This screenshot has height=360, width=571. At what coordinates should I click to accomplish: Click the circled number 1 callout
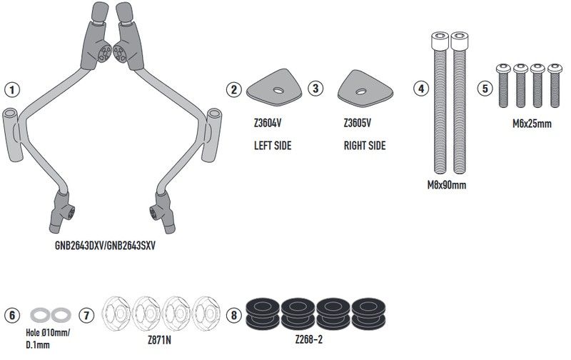(x=12, y=89)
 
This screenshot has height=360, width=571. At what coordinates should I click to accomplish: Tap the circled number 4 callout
(x=421, y=89)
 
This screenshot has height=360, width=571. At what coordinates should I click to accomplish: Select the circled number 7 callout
(x=86, y=315)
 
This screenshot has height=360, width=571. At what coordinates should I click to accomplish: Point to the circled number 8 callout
(x=234, y=315)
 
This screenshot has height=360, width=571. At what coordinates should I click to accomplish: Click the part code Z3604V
(x=268, y=123)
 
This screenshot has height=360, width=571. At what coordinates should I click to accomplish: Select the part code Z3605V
(x=358, y=123)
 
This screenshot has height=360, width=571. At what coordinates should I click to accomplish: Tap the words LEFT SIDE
(x=273, y=146)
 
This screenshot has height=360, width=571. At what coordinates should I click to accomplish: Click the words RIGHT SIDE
(x=365, y=146)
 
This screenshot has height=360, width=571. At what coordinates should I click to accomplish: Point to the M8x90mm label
(x=447, y=185)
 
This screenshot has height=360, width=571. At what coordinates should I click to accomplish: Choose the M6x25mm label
(x=532, y=124)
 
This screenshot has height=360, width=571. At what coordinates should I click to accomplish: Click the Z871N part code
(x=159, y=340)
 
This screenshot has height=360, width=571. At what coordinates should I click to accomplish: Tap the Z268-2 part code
(x=309, y=339)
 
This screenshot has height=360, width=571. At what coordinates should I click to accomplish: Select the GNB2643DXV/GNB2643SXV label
(x=105, y=246)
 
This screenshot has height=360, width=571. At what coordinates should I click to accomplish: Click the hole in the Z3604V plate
(x=278, y=90)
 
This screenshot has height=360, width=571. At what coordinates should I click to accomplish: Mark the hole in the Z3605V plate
(x=361, y=91)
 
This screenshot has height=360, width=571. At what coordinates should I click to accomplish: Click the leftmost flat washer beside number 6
(x=41, y=315)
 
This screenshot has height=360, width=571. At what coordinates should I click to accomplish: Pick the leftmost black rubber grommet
(x=263, y=314)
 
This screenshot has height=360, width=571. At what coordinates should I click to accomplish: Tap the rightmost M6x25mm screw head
(x=555, y=68)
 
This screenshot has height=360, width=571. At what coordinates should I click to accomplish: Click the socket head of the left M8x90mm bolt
(x=440, y=41)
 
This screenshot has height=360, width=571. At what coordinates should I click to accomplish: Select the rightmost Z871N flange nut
(x=206, y=314)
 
